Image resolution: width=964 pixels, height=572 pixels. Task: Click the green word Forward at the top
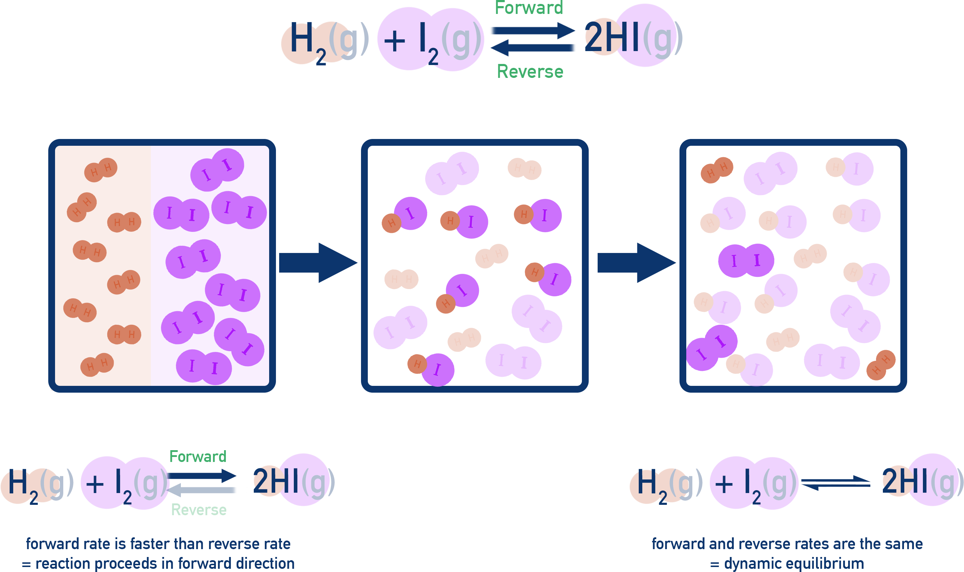pos(529,8)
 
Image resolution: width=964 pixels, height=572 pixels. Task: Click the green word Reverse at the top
pos(530,72)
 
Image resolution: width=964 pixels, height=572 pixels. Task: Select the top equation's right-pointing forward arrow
pos(532,30)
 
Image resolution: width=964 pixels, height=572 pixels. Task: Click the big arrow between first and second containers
pos(318,263)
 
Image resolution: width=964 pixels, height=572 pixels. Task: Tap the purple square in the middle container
pos(451,173)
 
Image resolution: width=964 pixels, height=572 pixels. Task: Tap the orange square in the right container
pos(881,365)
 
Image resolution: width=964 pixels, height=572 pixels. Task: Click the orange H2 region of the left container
pos(103,266)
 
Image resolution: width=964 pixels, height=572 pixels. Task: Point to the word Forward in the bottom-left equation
pos(198,457)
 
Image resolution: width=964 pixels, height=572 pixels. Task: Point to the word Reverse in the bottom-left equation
pos(199,510)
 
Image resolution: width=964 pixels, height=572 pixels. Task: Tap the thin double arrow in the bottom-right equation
pos(835,483)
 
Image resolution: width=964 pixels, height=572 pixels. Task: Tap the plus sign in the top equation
pos(395,41)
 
